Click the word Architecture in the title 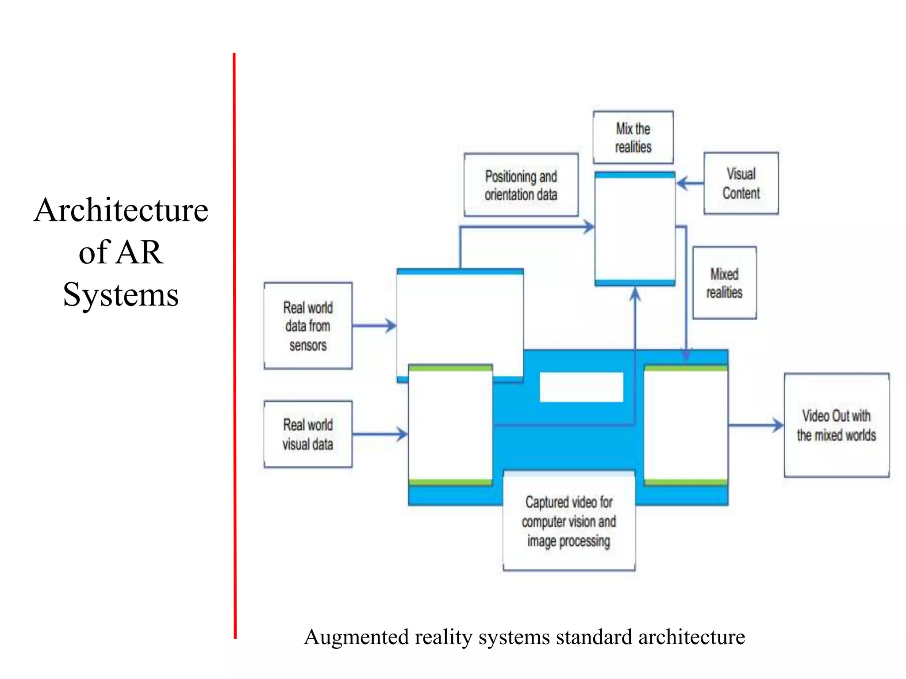[x=121, y=210]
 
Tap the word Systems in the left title [x=121, y=295]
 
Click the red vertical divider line [x=234, y=345]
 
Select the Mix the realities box [x=633, y=137]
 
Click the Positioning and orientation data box [x=521, y=185]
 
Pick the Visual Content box [x=741, y=183]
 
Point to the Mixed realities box [x=724, y=283]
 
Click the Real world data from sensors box [x=308, y=326]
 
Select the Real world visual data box [x=308, y=434]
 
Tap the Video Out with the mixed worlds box [x=836, y=425]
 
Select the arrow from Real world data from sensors [x=374, y=326]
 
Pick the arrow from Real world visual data [x=380, y=434]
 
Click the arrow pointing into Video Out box [x=756, y=425]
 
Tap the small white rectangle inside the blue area [x=581, y=387]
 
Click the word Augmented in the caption [x=356, y=637]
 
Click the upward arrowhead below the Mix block [x=635, y=294]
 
